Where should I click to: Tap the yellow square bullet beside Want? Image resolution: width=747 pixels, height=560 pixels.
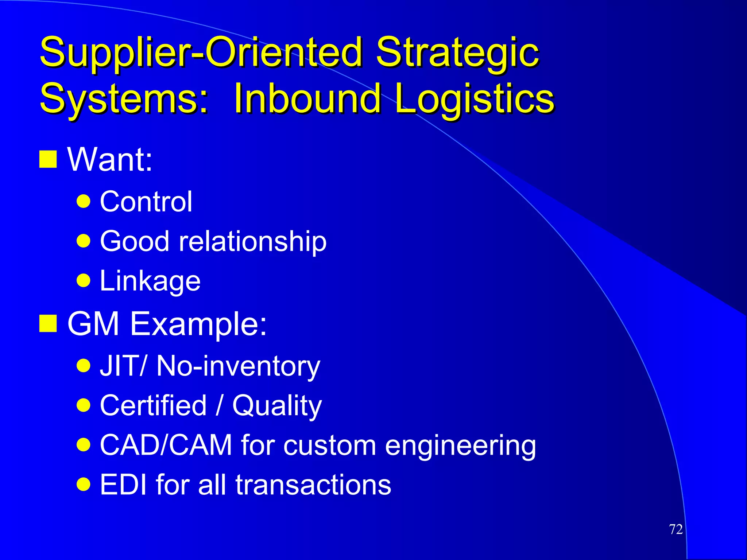tap(48, 159)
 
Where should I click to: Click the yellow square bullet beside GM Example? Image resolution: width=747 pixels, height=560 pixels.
tap(48, 323)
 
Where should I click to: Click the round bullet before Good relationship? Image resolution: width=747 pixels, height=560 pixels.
tap(84, 241)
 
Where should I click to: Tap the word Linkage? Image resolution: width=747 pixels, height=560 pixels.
tap(150, 281)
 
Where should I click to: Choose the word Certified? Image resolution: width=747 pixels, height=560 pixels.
tap(153, 405)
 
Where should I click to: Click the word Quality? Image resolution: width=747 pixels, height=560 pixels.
tap(277, 406)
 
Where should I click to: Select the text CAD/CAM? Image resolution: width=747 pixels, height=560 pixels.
tap(166, 445)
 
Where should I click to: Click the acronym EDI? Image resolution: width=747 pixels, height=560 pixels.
tap(123, 485)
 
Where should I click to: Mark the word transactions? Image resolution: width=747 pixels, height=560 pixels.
tap(313, 485)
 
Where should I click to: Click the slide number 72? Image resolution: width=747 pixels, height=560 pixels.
tap(676, 529)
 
